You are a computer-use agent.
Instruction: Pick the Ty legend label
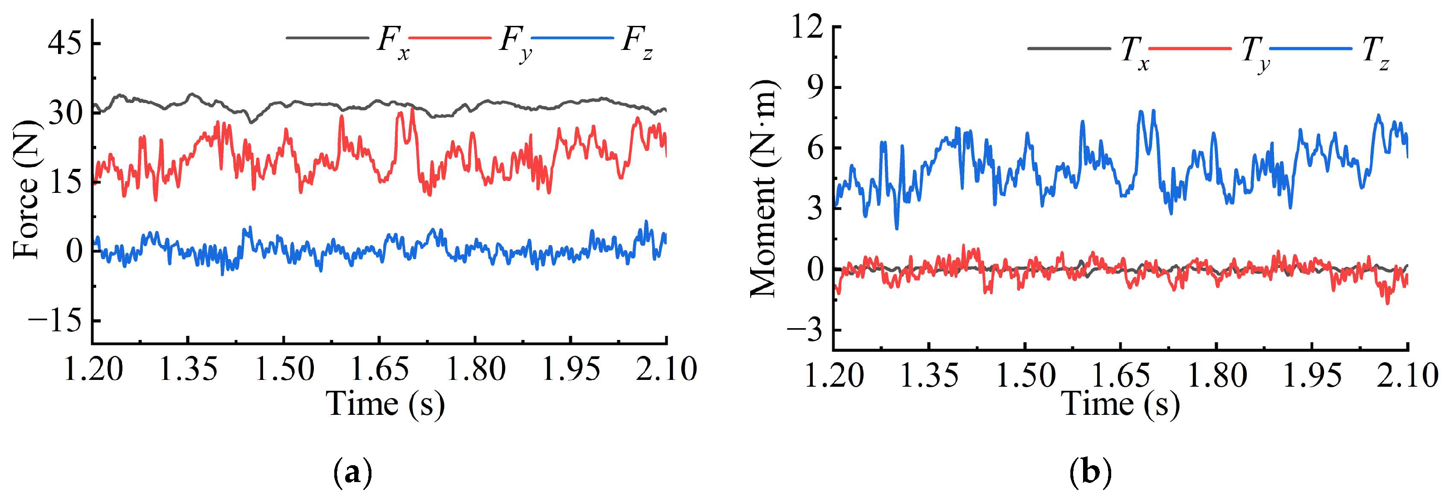[x=1255, y=54]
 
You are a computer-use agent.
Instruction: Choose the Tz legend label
[x=1376, y=54]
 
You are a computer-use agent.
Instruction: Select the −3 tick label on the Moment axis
[x=804, y=330]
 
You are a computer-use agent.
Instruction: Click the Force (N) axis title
[x=26, y=190]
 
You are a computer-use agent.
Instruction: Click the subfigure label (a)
[x=353, y=473]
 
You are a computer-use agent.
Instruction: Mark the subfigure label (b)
[x=1090, y=473]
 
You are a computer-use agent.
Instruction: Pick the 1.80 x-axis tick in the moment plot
[x=1217, y=375]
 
